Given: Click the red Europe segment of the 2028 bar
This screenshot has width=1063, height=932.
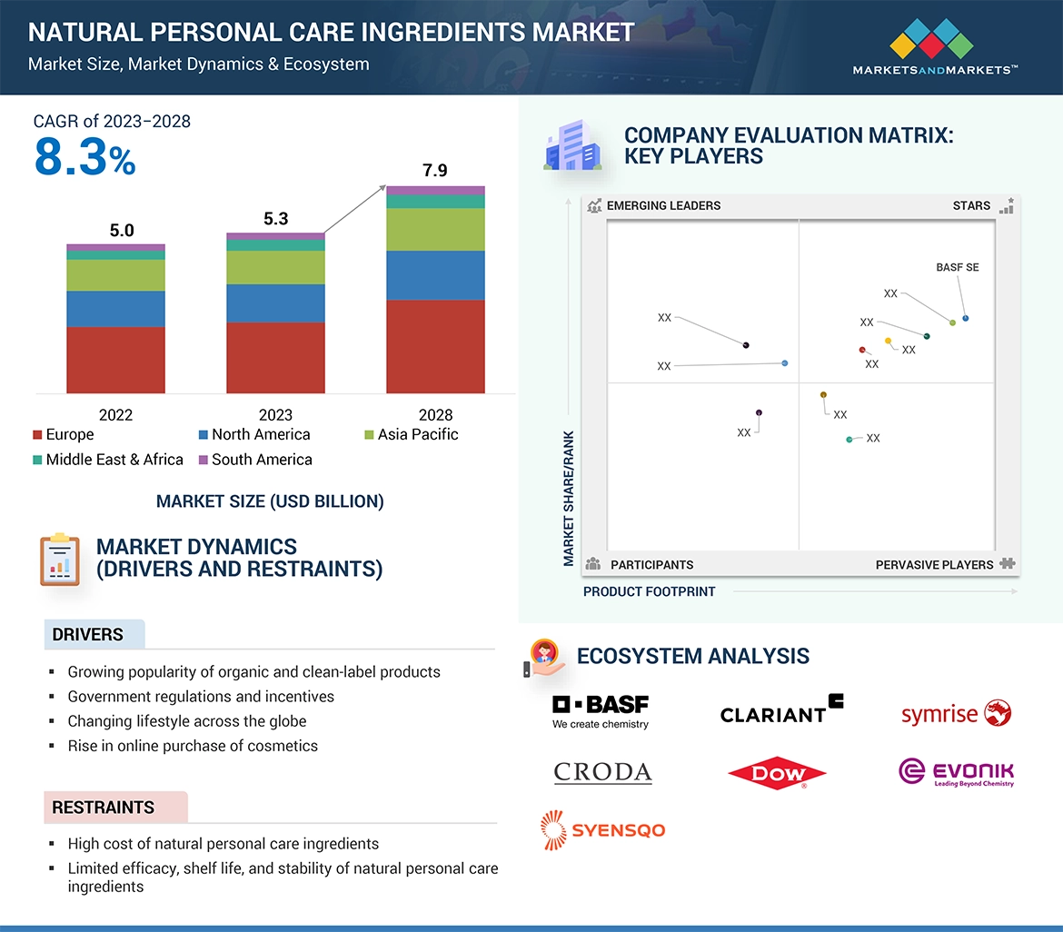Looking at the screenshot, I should [435, 346].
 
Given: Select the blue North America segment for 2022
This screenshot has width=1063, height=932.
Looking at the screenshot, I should [115, 309].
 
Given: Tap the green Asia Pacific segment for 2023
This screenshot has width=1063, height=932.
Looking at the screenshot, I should [275, 267].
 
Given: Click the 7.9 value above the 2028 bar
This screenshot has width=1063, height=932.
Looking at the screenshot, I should [435, 171].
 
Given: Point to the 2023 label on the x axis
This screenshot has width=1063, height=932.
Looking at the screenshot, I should [275, 415].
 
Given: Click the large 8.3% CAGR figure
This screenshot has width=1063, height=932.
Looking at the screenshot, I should [84, 157].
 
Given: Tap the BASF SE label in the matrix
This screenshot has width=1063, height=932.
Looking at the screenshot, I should [958, 268].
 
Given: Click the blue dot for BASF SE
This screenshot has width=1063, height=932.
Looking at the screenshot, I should [965, 318].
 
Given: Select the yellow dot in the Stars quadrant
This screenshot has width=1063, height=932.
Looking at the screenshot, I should [889, 341].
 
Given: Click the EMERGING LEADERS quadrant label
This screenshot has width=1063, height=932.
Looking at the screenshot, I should [663, 205].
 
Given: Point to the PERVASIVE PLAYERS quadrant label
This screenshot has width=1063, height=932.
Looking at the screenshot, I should [934, 565].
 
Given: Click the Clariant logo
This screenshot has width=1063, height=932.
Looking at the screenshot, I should [781, 709].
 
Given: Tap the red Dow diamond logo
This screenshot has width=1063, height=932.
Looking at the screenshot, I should [778, 774].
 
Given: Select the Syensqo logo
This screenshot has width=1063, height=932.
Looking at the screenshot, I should [602, 829].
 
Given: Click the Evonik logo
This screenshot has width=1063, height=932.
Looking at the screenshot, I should [956, 773].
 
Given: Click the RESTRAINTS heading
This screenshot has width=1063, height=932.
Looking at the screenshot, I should [104, 808].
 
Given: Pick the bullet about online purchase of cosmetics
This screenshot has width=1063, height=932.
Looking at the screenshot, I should [193, 746].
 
